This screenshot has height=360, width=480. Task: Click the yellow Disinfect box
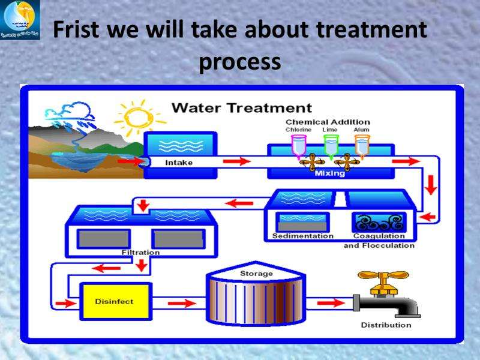pyautogui.click(x=114, y=301)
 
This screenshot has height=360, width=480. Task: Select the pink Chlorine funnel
pyautogui.click(x=298, y=145)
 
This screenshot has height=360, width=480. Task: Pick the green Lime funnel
pyautogui.click(x=330, y=145)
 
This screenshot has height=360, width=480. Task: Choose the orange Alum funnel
pyautogui.click(x=361, y=145)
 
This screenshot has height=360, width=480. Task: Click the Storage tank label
pyautogui.click(x=256, y=274)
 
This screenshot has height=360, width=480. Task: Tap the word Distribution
pyautogui.click(x=386, y=325)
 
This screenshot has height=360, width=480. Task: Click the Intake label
pyautogui.click(x=179, y=162)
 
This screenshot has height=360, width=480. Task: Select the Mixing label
pyautogui.click(x=330, y=173)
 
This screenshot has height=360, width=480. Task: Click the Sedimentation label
pyautogui.click(x=303, y=236)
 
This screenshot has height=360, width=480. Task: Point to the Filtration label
pyautogui.click(x=140, y=253)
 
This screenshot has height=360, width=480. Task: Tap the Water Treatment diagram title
pyautogui.click(x=242, y=109)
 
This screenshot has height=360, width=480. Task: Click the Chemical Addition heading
pyautogui.click(x=327, y=122)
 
